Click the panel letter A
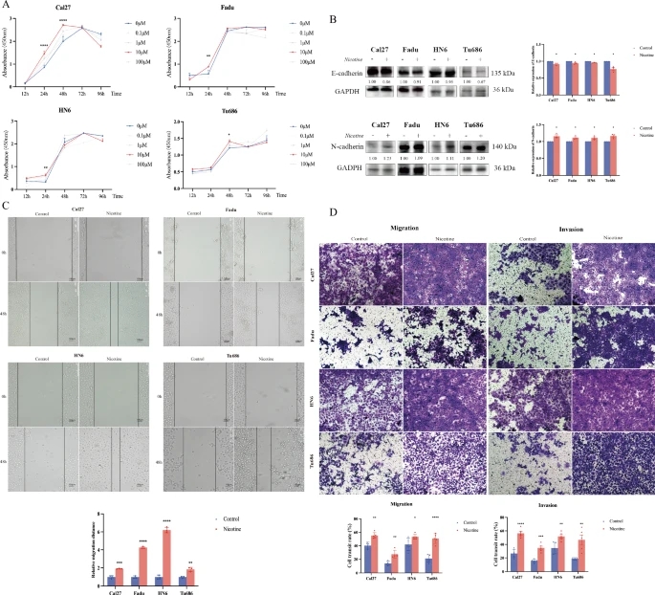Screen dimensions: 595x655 [x=7, y=6]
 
